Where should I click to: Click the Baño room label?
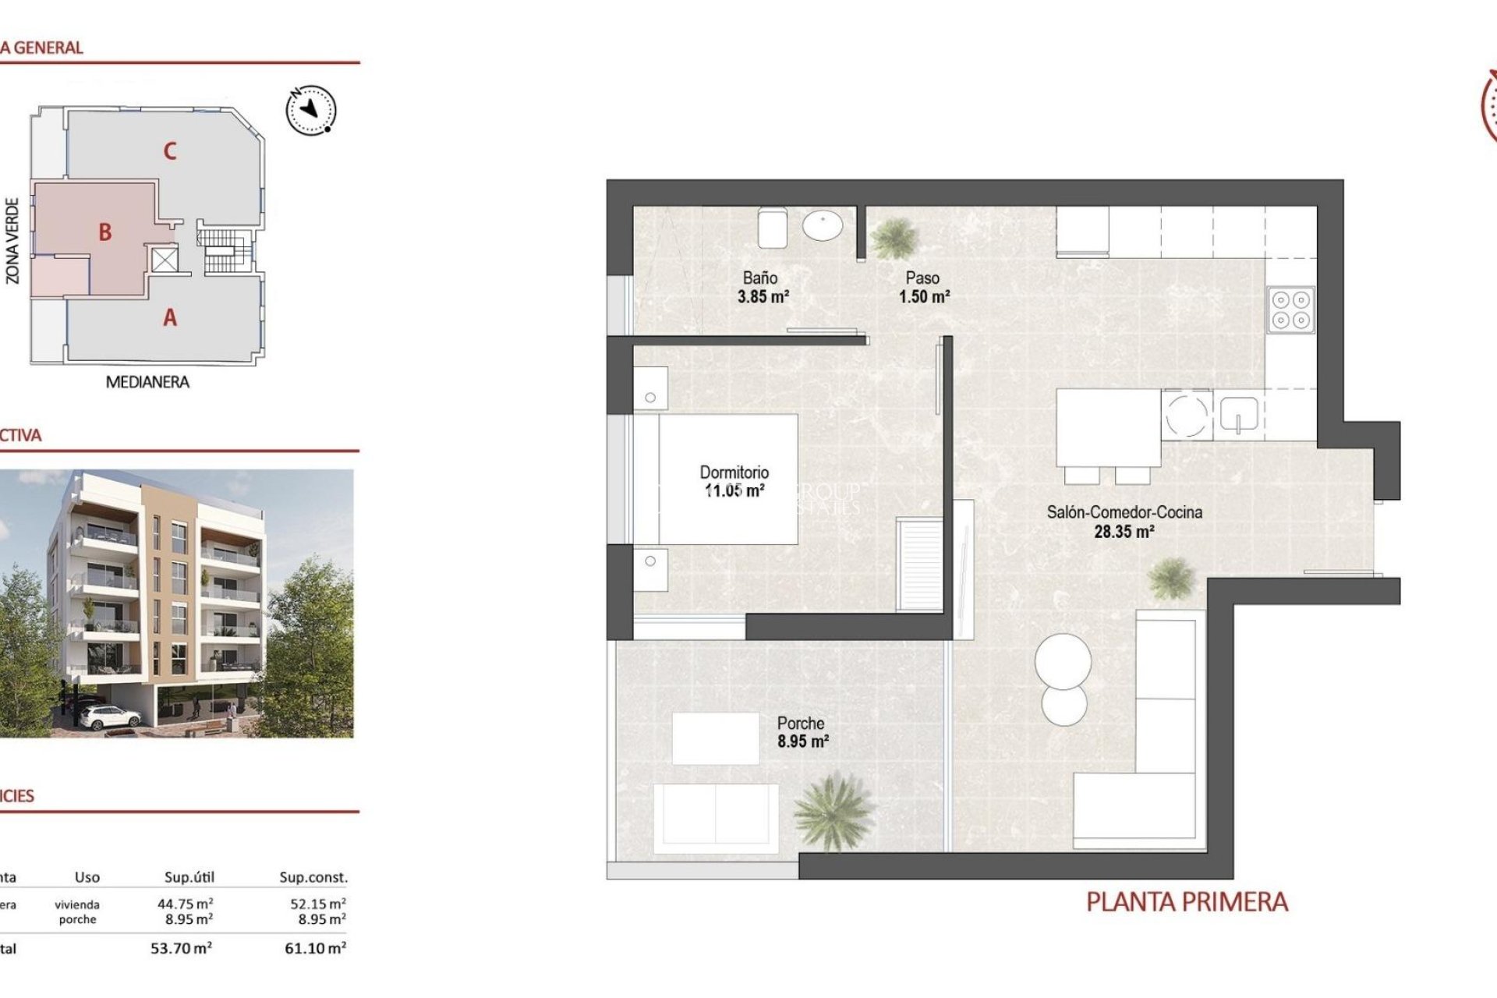[x=759, y=278]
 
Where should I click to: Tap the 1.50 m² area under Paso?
[x=924, y=297]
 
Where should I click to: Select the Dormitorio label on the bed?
[x=734, y=472]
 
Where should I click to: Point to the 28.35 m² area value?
[x=1124, y=532]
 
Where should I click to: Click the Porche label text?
[x=800, y=724]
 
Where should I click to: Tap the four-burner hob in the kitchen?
[x=1290, y=310]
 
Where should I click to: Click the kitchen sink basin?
[x=1239, y=413]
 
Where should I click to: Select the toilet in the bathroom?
[x=772, y=226]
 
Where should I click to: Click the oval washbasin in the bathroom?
[x=823, y=227]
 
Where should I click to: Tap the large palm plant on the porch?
[x=833, y=811]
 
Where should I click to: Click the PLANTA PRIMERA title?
[x=1187, y=902]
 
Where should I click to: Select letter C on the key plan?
[x=170, y=151]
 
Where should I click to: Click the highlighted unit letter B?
[x=105, y=232]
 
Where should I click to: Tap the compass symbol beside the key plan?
[x=311, y=110]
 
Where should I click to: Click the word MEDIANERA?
[x=147, y=382]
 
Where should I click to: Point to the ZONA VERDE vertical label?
[x=12, y=240]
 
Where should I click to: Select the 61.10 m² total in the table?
[x=315, y=948]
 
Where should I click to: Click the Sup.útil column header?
[x=189, y=877]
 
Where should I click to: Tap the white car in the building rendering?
[x=108, y=716]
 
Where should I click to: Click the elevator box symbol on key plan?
[x=164, y=260]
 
